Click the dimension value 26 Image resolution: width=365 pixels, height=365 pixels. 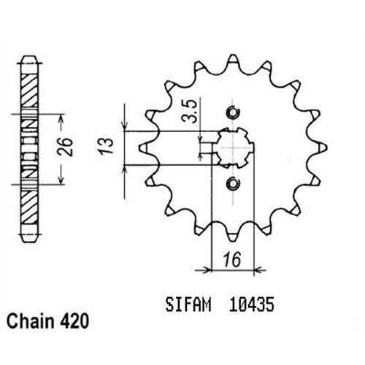[65, 147]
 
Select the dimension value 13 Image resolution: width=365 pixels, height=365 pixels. [106, 146]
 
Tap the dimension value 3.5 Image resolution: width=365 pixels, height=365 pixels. [190, 111]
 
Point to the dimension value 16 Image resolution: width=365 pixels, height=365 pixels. [233, 259]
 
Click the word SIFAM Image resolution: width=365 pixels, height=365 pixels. [188, 304]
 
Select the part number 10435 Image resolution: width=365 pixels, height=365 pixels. [252, 304]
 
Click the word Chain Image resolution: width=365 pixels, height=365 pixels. [31, 321]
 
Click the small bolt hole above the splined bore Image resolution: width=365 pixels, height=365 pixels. [233, 112]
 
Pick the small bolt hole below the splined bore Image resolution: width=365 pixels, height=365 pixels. [233, 183]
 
